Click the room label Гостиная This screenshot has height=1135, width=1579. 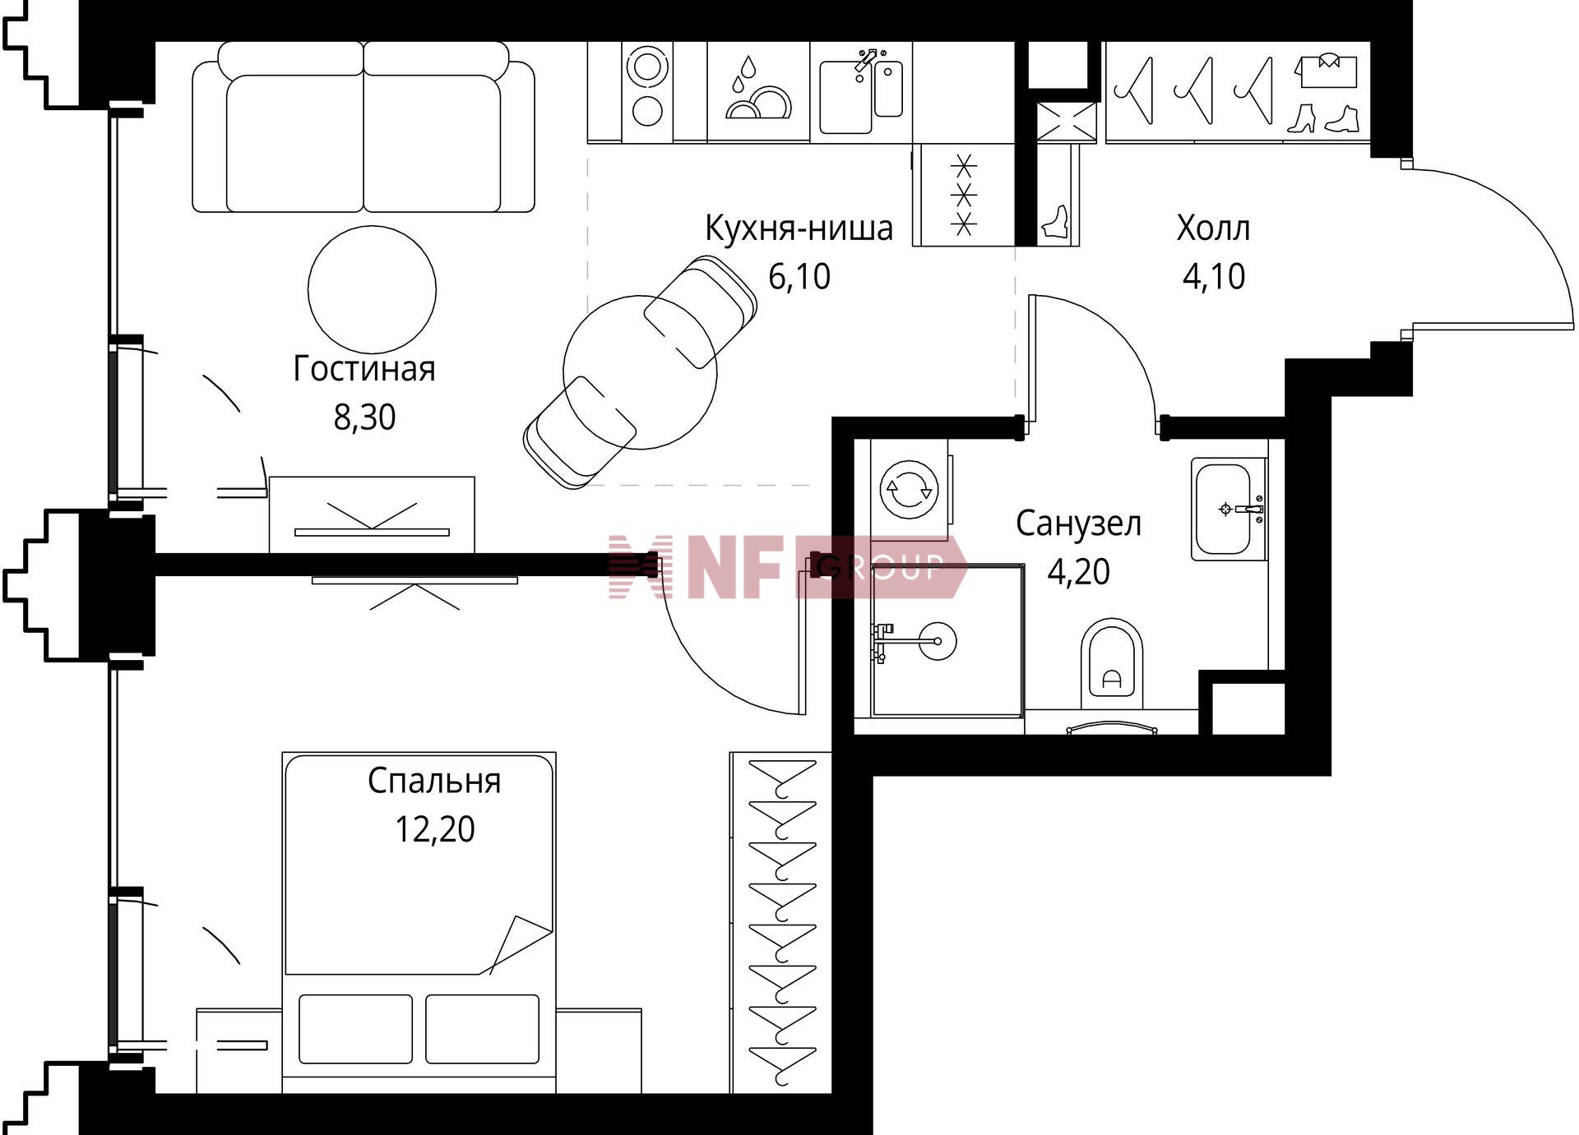(x=364, y=369)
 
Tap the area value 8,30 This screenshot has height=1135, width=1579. (x=364, y=418)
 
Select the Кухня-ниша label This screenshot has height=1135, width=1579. (x=799, y=228)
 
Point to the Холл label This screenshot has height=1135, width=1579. (x=1213, y=228)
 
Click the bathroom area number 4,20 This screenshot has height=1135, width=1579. (x=1078, y=571)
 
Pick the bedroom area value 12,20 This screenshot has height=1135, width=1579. (x=434, y=829)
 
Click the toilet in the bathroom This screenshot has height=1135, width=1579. (x=1112, y=667)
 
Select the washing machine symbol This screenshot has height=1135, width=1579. (x=909, y=491)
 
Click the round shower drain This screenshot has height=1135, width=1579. (x=937, y=640)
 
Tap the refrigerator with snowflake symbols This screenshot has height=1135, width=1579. (x=964, y=195)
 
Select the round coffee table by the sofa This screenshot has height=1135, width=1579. (x=372, y=288)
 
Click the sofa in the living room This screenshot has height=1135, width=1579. (x=363, y=127)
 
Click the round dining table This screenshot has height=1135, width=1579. (x=640, y=372)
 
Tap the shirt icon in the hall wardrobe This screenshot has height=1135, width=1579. (x=1325, y=70)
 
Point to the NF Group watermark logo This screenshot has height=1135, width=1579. (x=787, y=566)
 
